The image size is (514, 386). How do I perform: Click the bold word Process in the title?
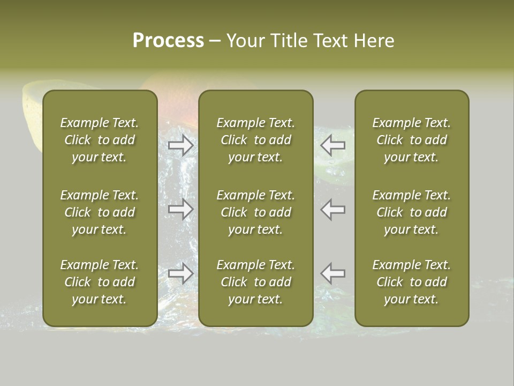point(168,41)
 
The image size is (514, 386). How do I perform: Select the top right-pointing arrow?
point(181,145)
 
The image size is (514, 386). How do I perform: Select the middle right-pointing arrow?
point(181,209)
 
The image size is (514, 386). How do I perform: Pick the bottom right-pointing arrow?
point(181,273)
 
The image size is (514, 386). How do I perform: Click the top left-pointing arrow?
point(332,145)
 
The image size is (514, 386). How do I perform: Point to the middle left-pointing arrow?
point(332,209)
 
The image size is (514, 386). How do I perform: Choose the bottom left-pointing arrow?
point(332,273)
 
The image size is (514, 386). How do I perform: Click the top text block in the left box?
point(100,140)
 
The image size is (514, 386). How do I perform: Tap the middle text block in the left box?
point(100,212)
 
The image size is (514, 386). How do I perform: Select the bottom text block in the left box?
point(100,282)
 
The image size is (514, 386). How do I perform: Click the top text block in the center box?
point(255,140)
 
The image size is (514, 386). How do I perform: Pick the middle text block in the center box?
point(255,212)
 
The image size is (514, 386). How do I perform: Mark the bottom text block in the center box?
point(255,282)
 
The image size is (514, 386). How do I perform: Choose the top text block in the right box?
point(411,140)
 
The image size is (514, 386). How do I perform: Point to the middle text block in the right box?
point(411,212)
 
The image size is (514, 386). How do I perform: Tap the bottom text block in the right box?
point(411,282)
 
